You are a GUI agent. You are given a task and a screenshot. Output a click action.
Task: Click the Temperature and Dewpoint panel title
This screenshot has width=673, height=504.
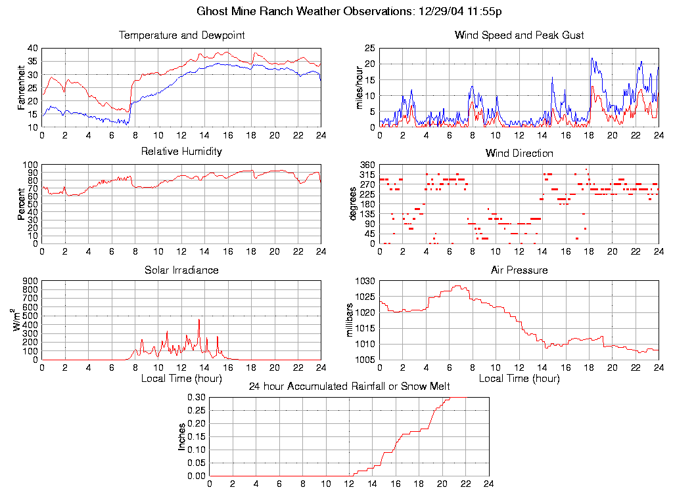(181, 35)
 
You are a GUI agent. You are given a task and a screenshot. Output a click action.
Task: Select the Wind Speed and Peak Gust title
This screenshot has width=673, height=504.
(519, 35)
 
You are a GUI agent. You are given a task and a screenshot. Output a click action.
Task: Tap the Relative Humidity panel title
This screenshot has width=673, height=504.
(181, 152)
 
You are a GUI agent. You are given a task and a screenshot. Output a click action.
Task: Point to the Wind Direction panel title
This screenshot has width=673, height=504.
(519, 153)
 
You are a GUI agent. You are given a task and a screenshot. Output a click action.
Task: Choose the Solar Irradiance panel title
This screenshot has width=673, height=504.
(181, 270)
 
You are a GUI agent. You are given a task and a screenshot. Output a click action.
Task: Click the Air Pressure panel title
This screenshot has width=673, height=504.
(519, 270)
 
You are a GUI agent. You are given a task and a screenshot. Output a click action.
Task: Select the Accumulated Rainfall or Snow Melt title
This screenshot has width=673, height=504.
(349, 387)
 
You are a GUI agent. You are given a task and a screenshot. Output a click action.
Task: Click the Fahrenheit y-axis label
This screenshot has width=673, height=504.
(22, 87)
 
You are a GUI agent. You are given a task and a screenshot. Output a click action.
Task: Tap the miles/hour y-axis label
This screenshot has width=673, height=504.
(359, 87)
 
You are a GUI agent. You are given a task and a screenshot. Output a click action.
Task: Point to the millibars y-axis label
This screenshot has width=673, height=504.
(350, 320)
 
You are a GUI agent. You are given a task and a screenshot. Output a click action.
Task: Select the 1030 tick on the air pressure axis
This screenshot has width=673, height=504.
(365, 281)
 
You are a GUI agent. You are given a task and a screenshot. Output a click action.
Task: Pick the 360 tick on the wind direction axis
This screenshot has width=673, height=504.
(367, 165)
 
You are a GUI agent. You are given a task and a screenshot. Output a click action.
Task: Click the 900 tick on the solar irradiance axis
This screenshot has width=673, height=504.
(30, 281)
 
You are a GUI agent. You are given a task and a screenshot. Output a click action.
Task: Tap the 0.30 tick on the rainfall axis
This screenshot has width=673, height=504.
(196, 398)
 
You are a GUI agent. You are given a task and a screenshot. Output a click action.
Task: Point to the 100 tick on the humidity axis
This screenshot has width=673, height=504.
(30, 165)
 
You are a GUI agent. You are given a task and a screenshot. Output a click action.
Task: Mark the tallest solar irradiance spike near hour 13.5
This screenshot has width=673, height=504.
(199, 320)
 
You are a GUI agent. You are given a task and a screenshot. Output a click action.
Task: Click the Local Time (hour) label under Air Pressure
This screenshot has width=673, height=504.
(519, 379)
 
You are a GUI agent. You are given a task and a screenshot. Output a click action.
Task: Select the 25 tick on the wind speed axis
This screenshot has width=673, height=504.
(369, 48)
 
